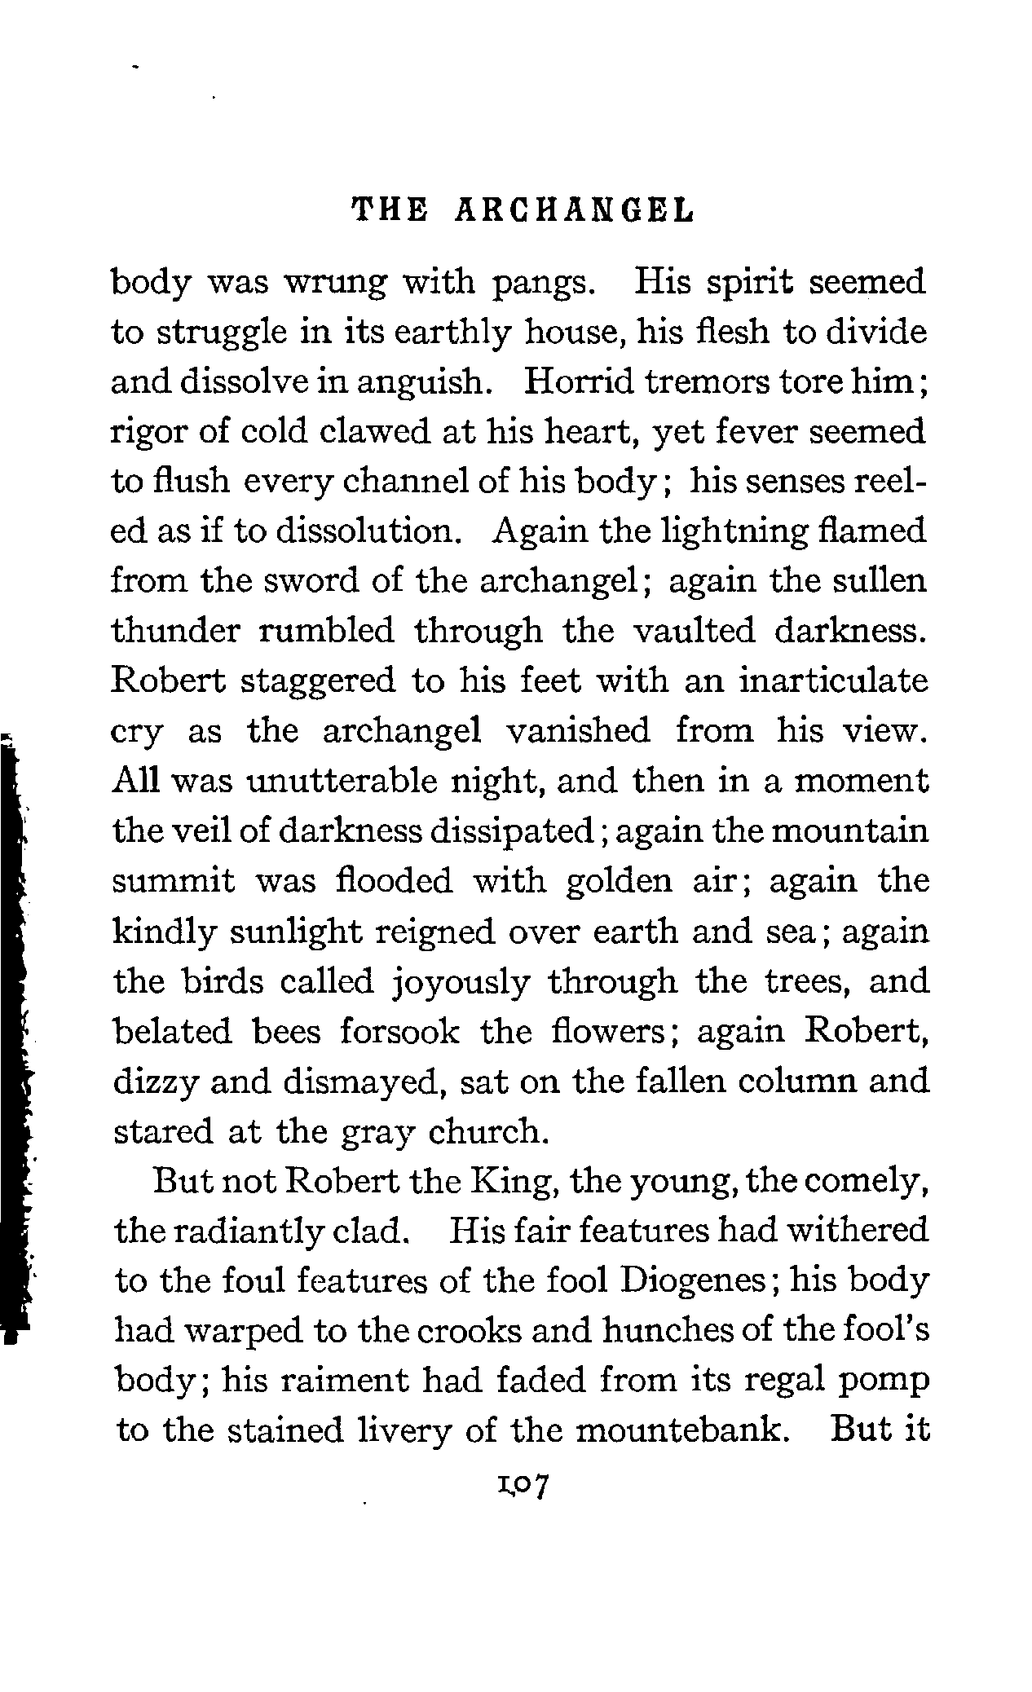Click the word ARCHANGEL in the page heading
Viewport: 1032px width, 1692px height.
[574, 211]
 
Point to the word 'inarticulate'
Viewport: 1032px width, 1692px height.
[832, 681]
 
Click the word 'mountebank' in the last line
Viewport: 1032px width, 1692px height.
[673, 1430]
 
